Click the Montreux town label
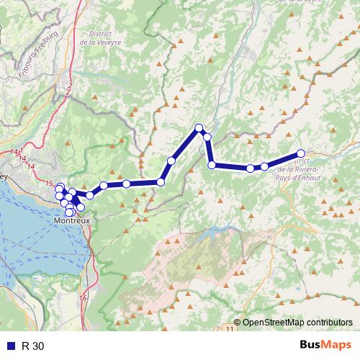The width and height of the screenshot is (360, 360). [72, 221]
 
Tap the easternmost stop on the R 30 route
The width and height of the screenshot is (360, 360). [302, 153]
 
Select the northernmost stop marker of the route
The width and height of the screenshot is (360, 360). [199, 128]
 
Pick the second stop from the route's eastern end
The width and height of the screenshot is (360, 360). [264, 166]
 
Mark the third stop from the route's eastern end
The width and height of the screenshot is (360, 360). [250, 168]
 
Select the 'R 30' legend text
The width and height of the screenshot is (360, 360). [32, 346]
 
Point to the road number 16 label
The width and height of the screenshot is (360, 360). [84, 297]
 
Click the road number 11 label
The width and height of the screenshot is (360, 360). [229, 328]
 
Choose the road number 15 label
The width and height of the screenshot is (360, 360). [48, 182]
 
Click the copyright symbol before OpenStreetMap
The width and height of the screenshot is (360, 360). [238, 323]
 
